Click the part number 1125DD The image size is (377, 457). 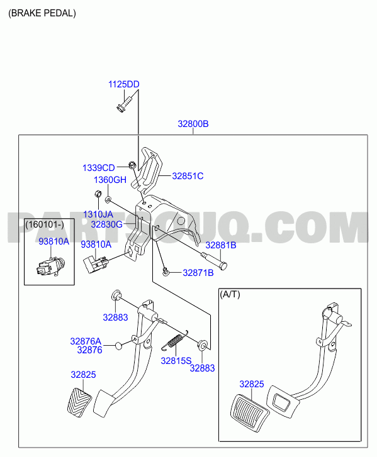pos(124,84)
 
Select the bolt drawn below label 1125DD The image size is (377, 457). pos(124,104)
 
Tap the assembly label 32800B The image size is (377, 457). pos(193,124)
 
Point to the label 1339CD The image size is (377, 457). pos(99,168)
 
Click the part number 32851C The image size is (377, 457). pos(188,176)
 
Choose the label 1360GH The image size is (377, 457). pos(110,180)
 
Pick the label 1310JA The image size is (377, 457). pos(98,214)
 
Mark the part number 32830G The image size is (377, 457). pos(106,224)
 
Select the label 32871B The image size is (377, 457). pos(198,273)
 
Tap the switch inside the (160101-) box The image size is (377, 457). pos(50,267)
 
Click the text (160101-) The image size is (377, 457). pos(45,224)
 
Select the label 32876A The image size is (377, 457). pos(86,341)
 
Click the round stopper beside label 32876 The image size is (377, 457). pos(118,346)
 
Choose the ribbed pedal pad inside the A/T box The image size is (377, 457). pos(250,412)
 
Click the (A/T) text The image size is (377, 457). pos(230,294)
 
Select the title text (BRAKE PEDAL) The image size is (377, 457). pos(42,13)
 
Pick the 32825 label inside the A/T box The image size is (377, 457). pos(252,384)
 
